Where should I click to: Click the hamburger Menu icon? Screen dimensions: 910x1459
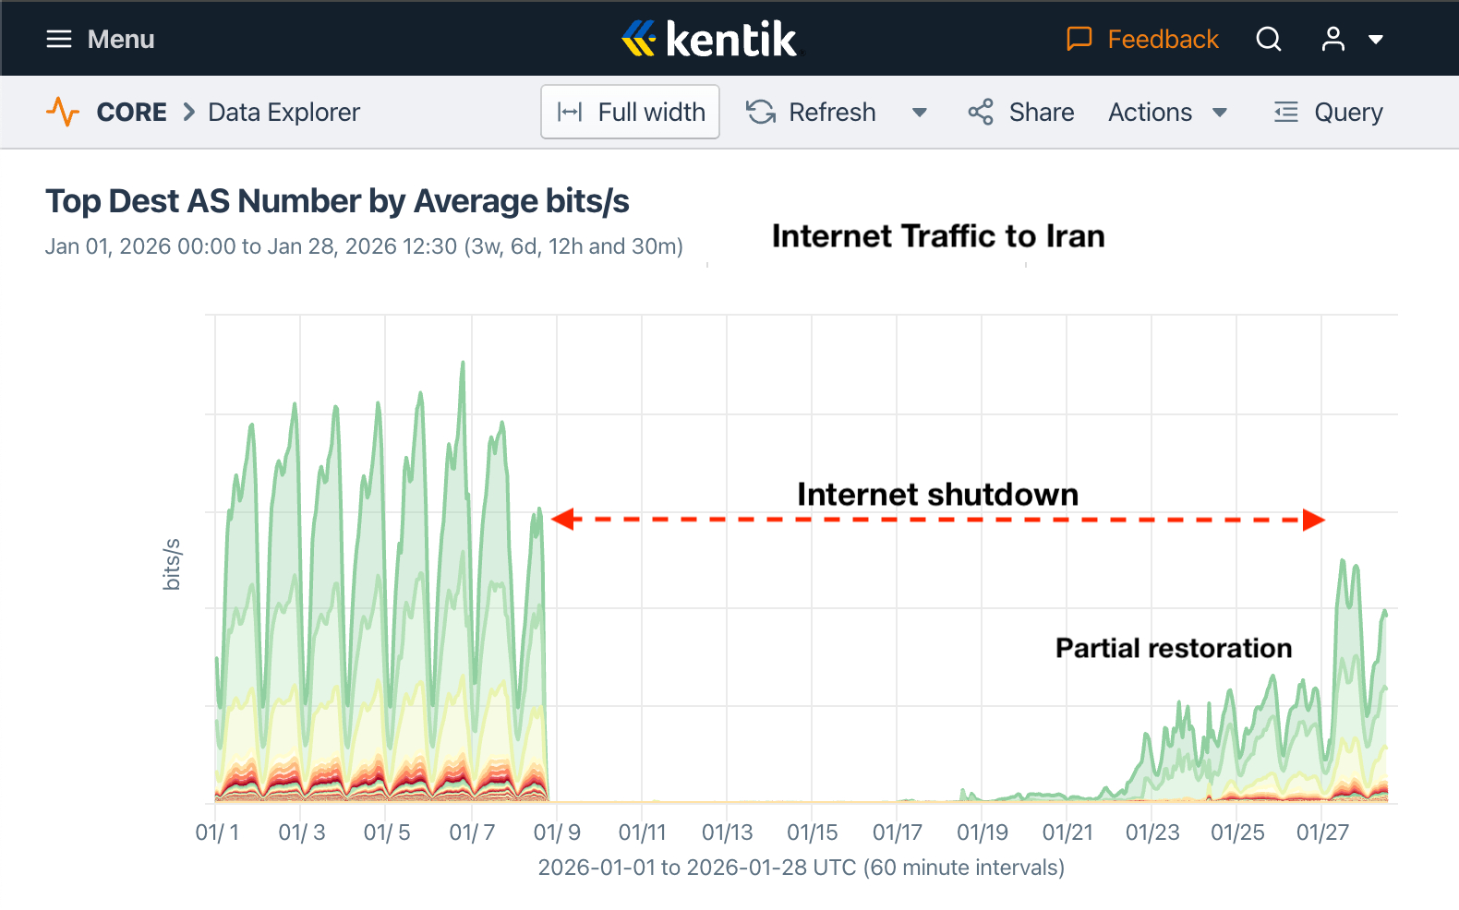(59, 39)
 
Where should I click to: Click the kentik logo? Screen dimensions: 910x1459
(709, 39)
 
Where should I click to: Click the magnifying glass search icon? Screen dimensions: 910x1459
(1269, 39)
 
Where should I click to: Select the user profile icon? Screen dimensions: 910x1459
(1332, 39)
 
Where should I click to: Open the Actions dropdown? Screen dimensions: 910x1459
(1167, 113)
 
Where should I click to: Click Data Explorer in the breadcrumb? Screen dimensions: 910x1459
(283, 113)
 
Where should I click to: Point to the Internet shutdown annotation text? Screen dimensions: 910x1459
(937, 495)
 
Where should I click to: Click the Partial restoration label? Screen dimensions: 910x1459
(1173, 648)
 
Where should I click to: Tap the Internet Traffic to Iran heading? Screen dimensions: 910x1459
(937, 236)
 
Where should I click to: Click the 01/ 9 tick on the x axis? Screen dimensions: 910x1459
(557, 832)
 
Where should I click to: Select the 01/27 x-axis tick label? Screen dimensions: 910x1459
(1322, 832)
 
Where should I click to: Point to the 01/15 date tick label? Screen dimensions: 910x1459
(812, 832)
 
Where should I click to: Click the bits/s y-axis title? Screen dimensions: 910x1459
(172, 564)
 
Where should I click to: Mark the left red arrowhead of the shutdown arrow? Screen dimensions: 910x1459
(562, 520)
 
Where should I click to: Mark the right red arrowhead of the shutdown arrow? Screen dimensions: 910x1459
(1314, 520)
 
